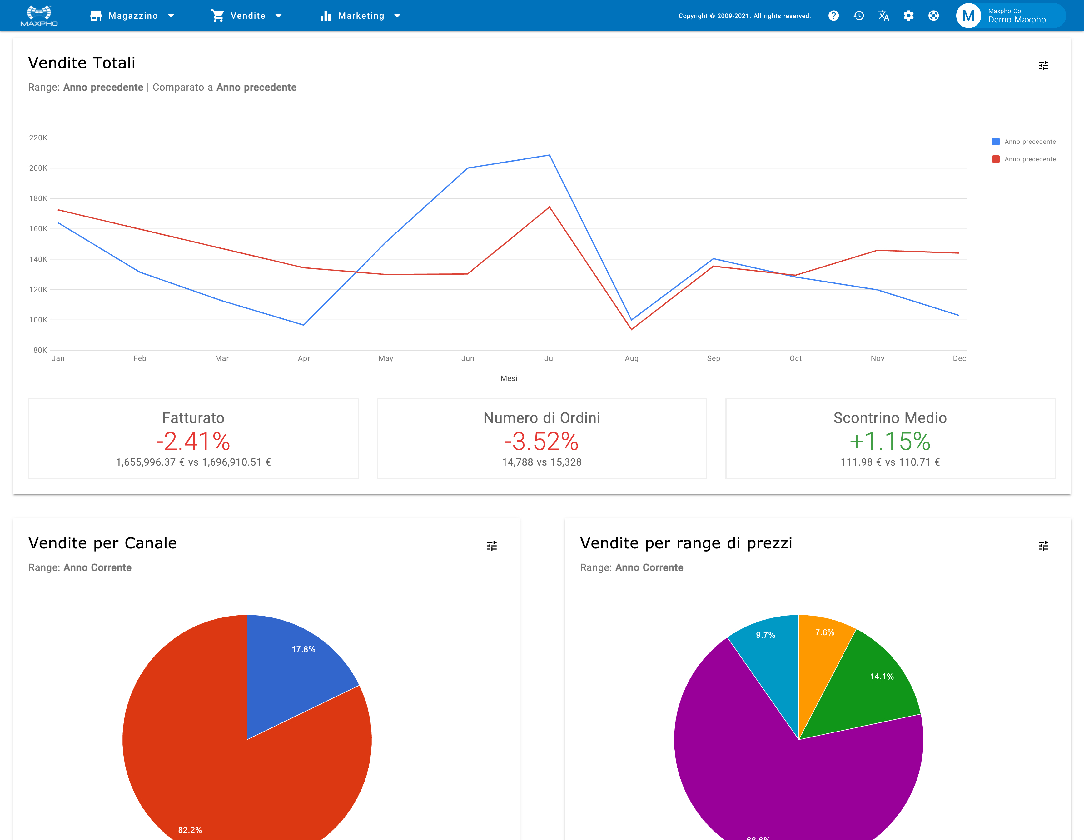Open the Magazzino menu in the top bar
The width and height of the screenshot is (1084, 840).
coord(132,16)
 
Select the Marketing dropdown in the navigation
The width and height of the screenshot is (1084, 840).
coord(360,16)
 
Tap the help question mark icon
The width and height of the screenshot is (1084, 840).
coord(833,16)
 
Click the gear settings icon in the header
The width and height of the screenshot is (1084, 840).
coord(908,16)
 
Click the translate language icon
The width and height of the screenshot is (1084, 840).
coord(883,16)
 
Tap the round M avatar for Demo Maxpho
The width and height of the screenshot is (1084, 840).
coord(968,16)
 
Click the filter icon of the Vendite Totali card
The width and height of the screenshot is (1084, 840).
coord(1043,66)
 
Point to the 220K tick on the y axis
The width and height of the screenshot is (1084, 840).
coord(38,138)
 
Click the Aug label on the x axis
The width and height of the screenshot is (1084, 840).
coord(631,358)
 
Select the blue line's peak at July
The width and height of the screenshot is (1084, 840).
coord(549,155)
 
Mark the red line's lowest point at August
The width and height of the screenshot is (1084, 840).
coord(631,329)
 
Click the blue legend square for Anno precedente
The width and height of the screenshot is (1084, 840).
coord(996,142)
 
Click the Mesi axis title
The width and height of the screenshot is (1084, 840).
coord(509,378)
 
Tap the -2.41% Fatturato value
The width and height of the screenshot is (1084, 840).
coord(193,441)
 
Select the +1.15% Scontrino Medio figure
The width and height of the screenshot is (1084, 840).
coord(890,441)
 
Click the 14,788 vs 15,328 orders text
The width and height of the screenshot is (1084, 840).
coord(541,462)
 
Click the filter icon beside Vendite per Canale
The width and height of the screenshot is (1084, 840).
coord(492,546)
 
